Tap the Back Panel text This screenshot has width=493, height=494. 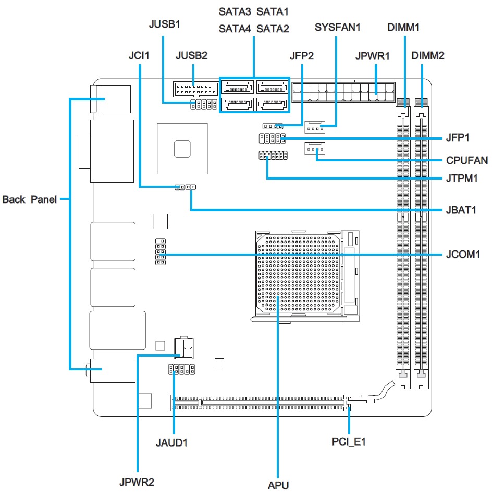click(29, 199)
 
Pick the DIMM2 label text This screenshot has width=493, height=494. click(427, 55)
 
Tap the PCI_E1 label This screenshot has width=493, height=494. click(349, 442)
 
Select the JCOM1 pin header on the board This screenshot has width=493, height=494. click(160, 252)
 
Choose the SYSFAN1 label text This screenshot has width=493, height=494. click(338, 28)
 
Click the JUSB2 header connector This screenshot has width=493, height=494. click(193, 88)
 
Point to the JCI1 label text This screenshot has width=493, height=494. click(139, 55)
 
